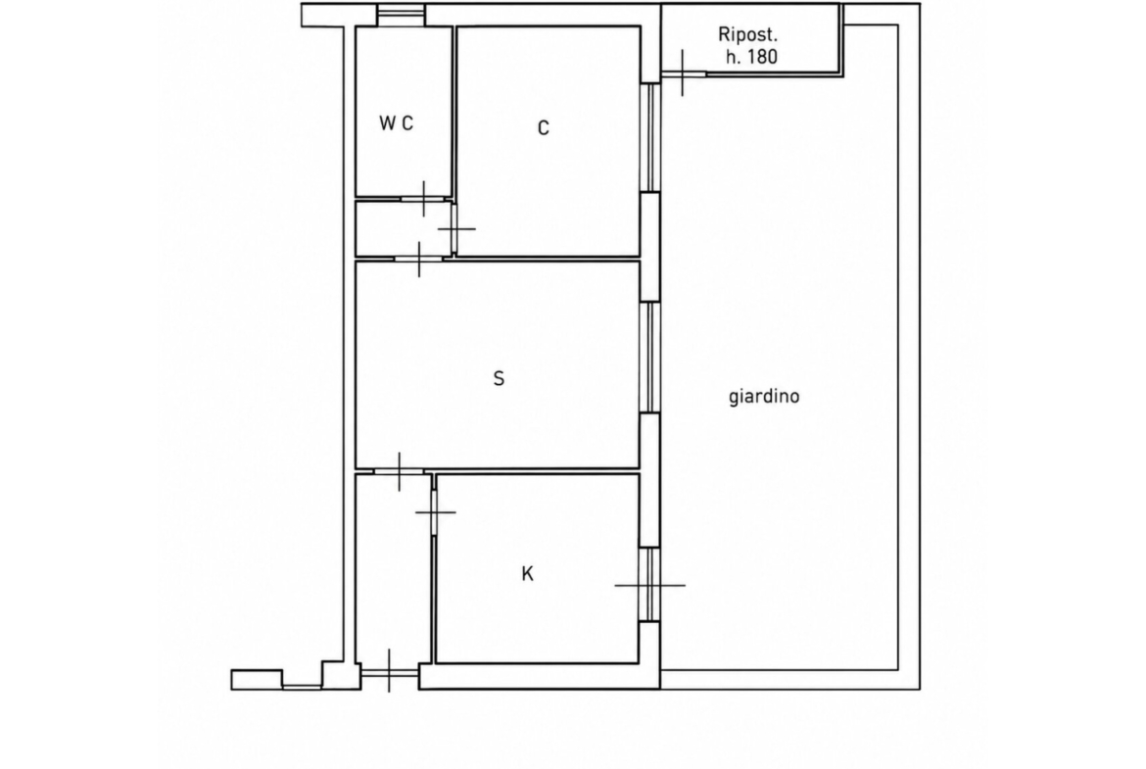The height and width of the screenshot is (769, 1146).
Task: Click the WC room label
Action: [396, 123]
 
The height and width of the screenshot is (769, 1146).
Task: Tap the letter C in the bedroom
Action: [543, 128]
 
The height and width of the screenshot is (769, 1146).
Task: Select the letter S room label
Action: [499, 379]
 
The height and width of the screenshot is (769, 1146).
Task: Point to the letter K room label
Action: [527, 575]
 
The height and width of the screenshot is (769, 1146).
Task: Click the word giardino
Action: [764, 396]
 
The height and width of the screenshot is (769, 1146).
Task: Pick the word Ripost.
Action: [747, 34]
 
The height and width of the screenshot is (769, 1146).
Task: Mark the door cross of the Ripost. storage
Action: [683, 73]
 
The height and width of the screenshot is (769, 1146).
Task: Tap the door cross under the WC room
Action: [424, 198]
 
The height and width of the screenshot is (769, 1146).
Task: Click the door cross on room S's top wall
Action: [419, 259]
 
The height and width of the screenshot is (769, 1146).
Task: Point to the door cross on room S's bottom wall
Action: [400, 471]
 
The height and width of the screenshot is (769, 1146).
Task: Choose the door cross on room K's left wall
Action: [435, 512]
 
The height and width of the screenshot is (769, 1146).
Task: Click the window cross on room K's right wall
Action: [649, 585]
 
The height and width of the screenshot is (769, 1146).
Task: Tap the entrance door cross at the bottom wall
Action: [389, 671]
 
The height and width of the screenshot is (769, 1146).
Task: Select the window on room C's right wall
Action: [649, 138]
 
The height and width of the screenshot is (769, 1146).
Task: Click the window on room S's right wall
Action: [649, 358]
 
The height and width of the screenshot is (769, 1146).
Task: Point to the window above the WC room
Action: [401, 16]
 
